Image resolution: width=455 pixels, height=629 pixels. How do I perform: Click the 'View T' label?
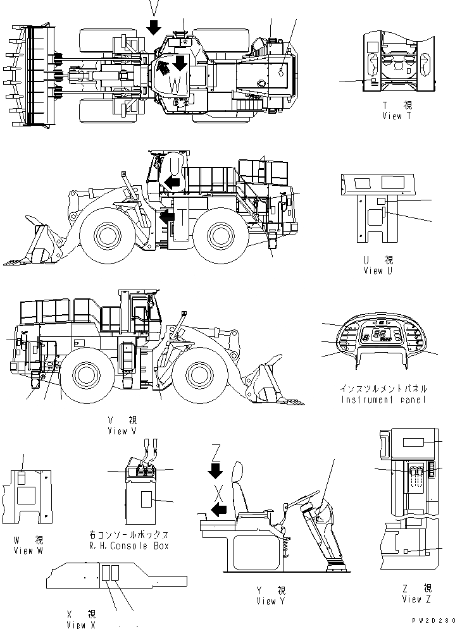396,116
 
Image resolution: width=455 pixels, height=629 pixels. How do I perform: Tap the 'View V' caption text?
122,431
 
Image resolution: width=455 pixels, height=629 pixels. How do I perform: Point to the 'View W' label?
28,551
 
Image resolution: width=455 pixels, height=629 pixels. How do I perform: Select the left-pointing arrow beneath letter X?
218,510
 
